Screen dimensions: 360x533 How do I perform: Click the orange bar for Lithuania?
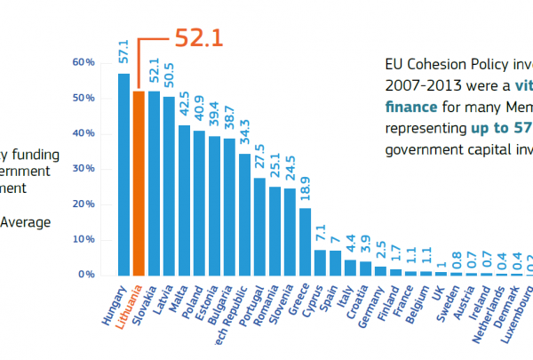(x=139, y=183)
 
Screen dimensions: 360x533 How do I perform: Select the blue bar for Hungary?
(x=123, y=174)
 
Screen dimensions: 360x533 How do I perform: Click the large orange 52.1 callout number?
(x=197, y=37)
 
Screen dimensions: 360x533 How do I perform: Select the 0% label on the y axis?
(x=86, y=275)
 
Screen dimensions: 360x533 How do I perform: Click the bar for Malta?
(x=184, y=199)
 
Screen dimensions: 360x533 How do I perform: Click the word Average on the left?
(x=26, y=222)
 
